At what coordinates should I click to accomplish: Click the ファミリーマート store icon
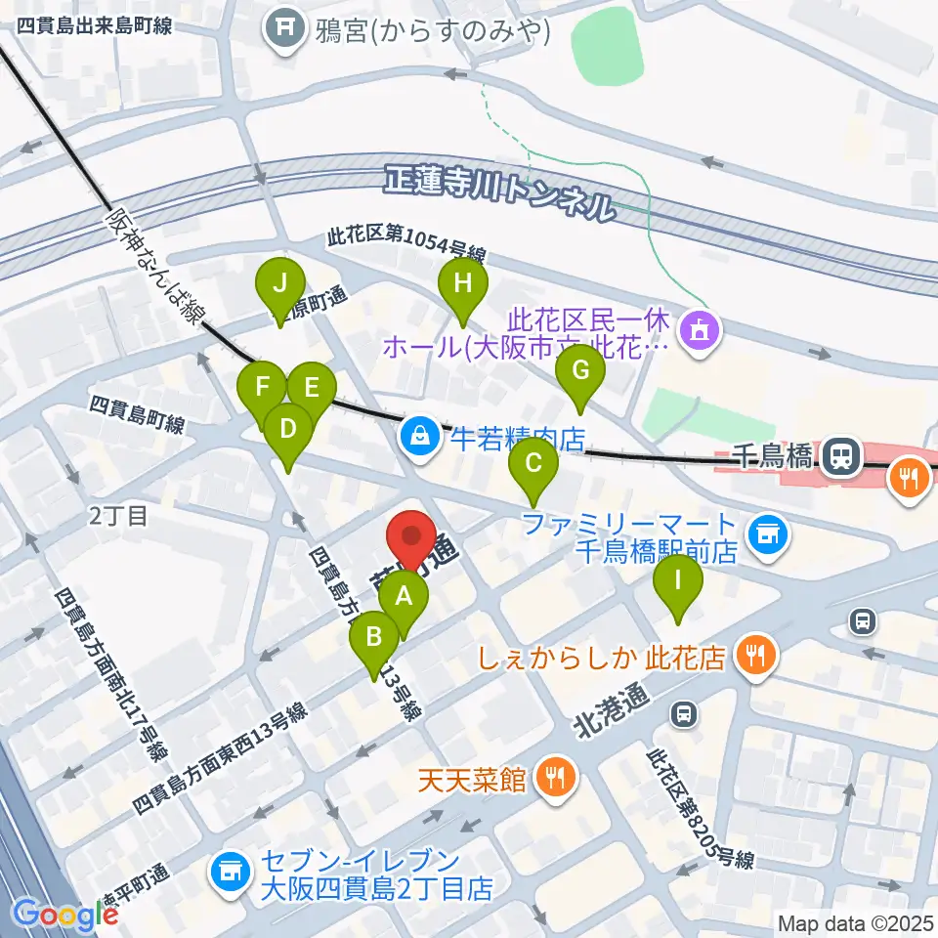pos(767,533)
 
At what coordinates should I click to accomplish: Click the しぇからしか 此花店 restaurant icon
pos(755,654)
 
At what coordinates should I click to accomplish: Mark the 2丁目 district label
pos(117,515)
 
